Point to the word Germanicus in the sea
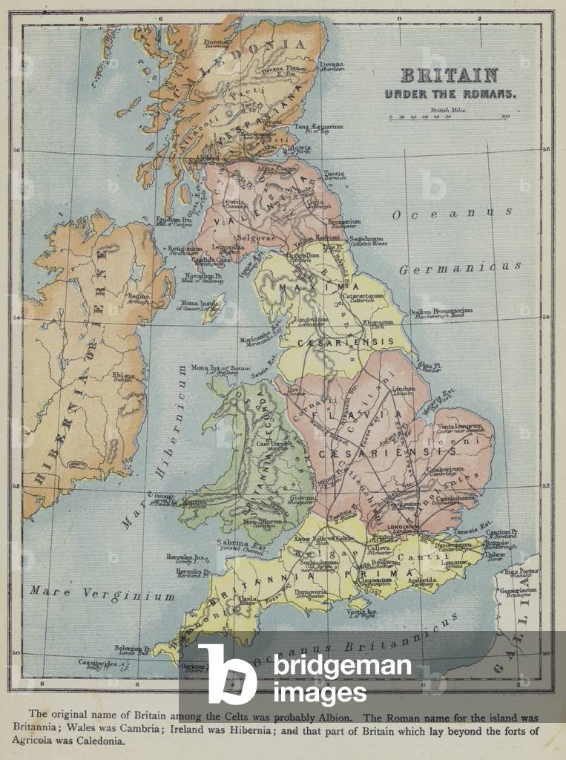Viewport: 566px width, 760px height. click(x=459, y=268)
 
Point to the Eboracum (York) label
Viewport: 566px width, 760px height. click(x=377, y=324)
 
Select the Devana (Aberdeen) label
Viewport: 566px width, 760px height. click(x=332, y=65)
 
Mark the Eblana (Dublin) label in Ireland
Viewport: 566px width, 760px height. click(x=123, y=376)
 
